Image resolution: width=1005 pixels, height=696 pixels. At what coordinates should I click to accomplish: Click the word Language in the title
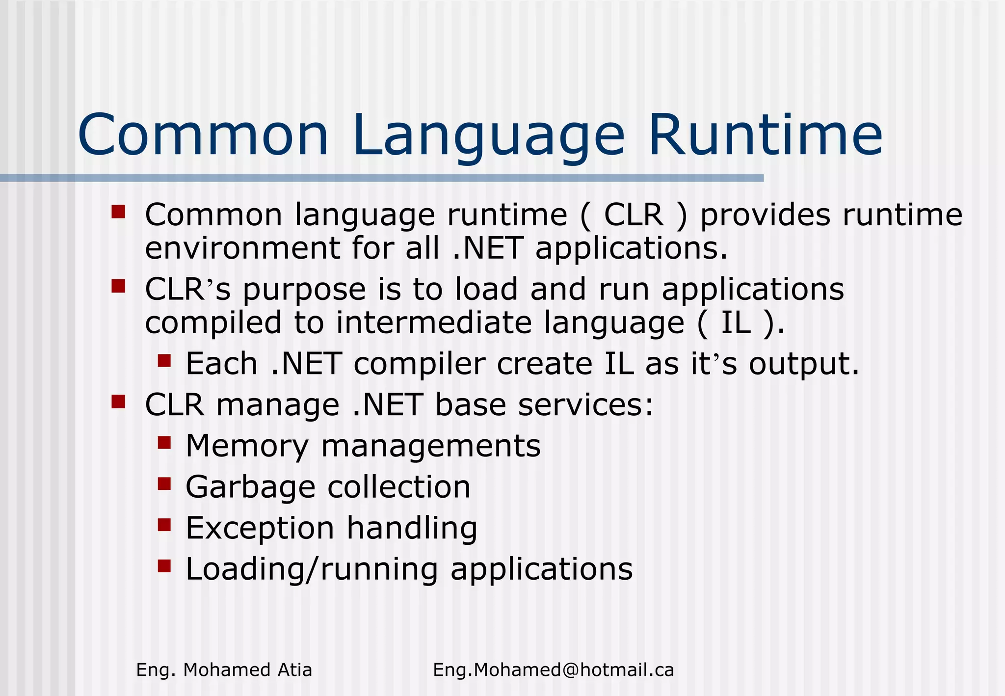(488, 135)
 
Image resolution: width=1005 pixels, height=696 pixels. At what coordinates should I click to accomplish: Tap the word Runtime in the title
(766, 135)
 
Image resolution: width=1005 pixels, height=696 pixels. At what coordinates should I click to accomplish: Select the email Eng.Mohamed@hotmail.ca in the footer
(554, 670)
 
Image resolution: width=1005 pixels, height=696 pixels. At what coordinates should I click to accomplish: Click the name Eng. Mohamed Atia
(224, 670)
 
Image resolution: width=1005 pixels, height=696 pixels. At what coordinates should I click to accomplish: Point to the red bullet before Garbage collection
(164, 484)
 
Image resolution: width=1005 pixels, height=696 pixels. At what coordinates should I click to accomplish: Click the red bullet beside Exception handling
(164, 526)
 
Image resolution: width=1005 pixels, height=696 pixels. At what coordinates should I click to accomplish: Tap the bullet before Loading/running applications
(164, 566)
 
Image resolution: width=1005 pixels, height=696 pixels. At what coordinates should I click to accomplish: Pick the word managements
(431, 446)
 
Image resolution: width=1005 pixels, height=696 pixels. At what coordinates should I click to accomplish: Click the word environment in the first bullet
(242, 248)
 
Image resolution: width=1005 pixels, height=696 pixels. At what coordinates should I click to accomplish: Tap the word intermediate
(434, 323)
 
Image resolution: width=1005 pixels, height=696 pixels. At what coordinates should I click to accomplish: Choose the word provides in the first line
(765, 216)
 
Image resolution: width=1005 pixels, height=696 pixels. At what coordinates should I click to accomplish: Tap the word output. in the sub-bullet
(804, 364)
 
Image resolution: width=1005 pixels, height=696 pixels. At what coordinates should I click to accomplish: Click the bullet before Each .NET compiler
(164, 362)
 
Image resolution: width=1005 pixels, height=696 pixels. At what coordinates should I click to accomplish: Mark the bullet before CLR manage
(118, 402)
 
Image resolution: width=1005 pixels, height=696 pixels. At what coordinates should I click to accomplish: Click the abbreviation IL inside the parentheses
(736, 323)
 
